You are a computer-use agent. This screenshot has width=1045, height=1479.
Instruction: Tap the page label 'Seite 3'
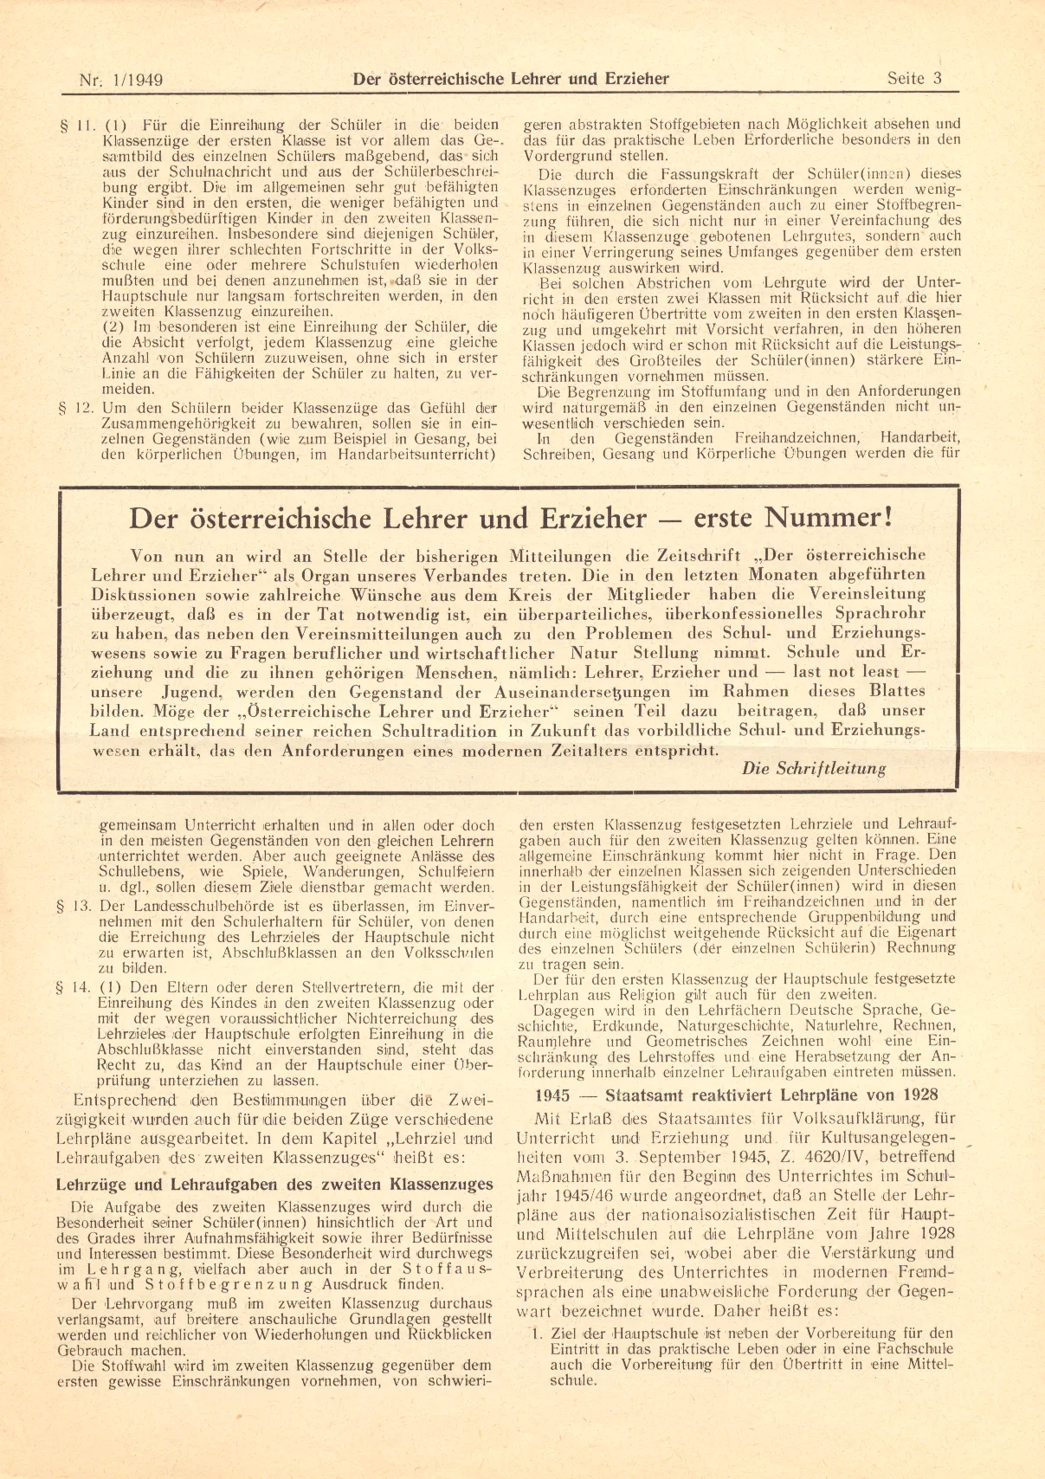913,79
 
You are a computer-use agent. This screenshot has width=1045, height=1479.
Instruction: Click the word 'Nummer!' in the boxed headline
826,519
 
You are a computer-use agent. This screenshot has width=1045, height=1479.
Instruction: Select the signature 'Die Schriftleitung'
814,768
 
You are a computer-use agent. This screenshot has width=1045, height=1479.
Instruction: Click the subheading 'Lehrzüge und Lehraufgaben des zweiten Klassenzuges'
274,1184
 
